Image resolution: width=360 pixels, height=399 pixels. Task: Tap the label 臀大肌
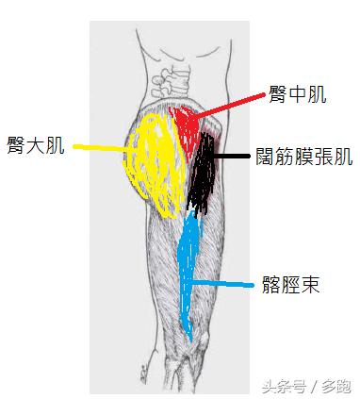click(37, 146)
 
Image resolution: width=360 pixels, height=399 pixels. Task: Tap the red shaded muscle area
click(186, 127)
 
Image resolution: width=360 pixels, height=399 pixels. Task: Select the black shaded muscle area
click(201, 175)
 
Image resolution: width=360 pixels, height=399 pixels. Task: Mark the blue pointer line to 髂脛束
click(226, 283)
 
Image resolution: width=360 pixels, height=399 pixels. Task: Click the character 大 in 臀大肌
click(37, 146)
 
